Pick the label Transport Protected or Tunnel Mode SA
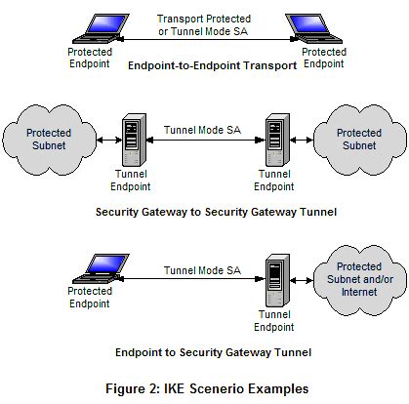tap(204, 23)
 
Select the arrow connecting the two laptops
tap(204, 40)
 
